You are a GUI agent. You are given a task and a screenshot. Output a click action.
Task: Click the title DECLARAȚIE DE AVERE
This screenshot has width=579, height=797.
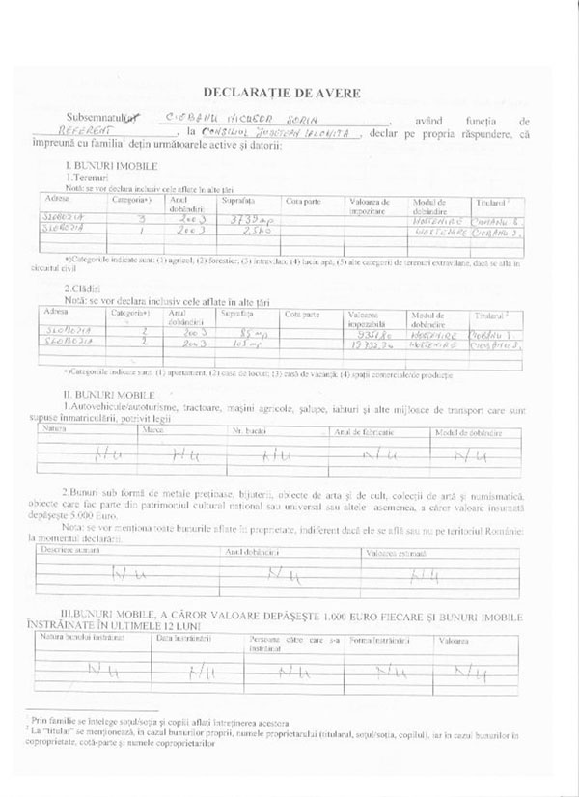(289, 94)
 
